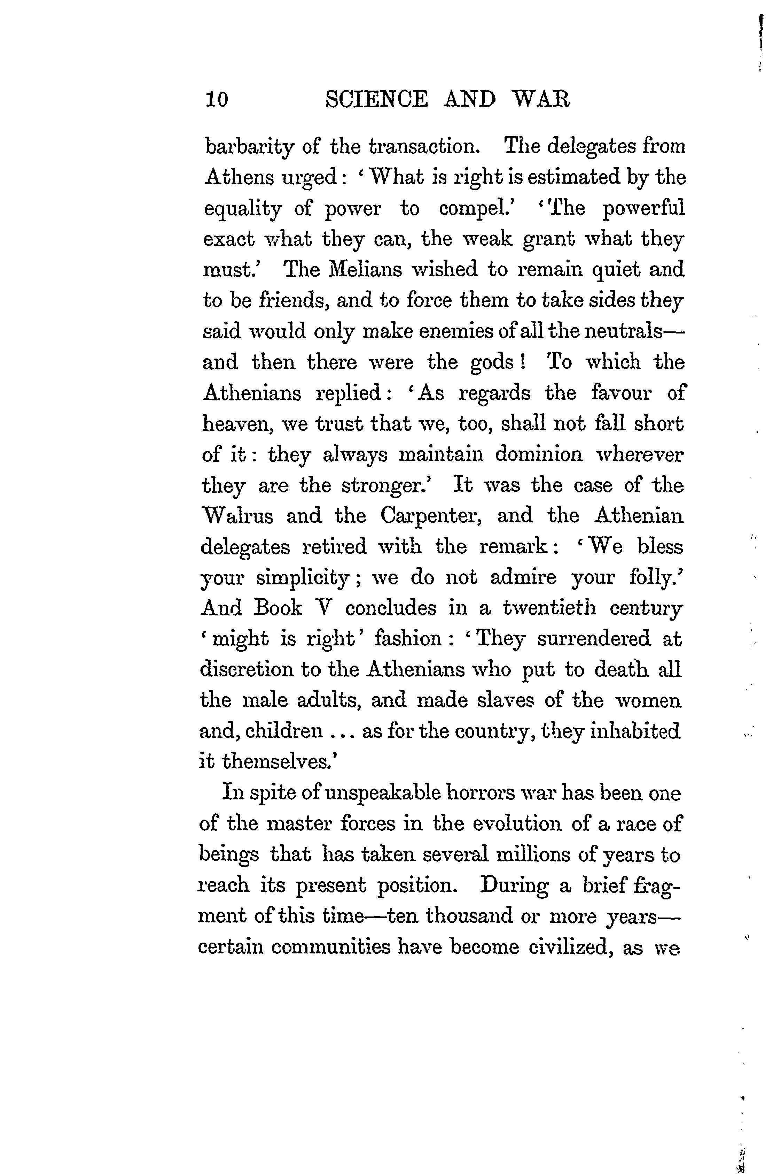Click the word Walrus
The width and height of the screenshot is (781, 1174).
237,516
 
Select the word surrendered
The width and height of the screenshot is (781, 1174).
594,639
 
